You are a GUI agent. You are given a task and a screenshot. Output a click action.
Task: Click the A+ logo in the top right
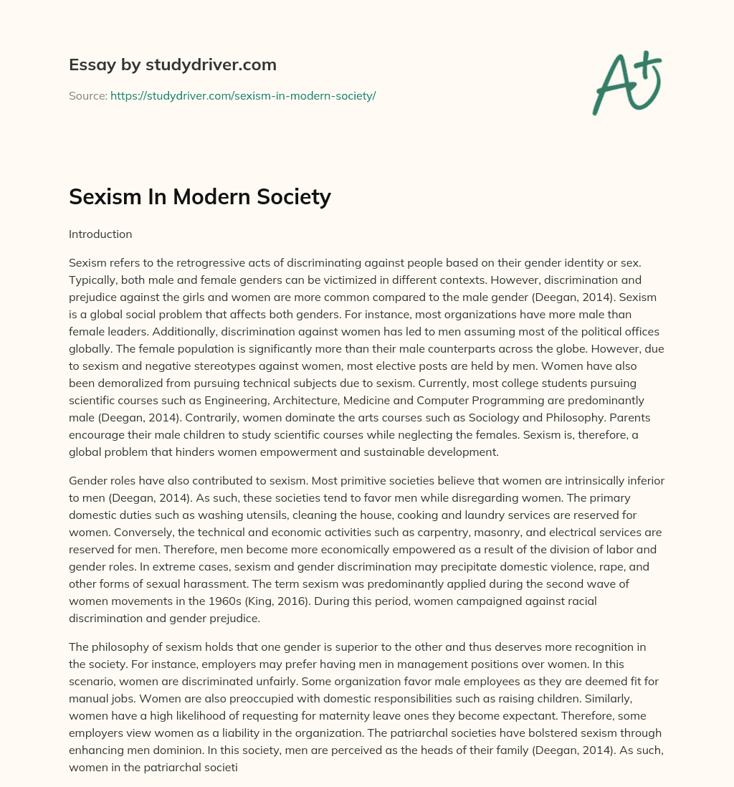[x=626, y=83]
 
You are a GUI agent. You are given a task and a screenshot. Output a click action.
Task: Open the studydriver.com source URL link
[x=243, y=95]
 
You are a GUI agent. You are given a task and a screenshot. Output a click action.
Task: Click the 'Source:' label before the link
[x=87, y=95]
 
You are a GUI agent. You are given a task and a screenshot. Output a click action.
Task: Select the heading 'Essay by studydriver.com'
[x=172, y=65]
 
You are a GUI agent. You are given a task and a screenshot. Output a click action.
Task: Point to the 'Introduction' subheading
[x=100, y=234]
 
